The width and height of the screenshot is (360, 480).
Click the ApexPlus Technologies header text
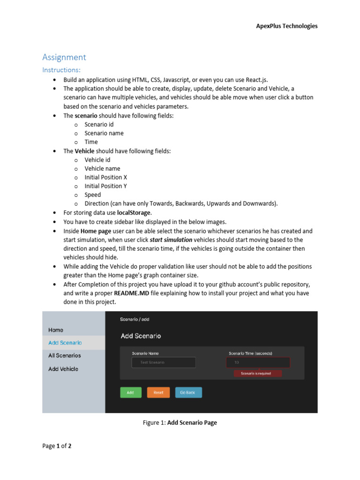coord(286,26)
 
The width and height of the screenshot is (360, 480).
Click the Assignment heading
coord(64,57)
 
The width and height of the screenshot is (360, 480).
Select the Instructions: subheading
coord(61,70)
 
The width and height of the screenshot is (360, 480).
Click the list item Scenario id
coord(99,124)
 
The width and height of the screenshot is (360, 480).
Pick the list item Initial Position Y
coord(105,186)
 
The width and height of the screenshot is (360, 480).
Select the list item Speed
coord(92,195)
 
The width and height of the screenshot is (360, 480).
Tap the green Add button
coord(130,392)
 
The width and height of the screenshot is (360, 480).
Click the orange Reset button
coord(158,392)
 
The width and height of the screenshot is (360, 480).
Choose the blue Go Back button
coord(188,392)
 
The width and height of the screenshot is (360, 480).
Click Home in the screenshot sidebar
coord(56,330)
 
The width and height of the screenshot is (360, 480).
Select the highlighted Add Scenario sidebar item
coord(65,343)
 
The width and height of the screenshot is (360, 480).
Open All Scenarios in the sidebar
coord(64,356)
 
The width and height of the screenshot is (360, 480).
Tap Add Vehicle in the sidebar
coord(63,369)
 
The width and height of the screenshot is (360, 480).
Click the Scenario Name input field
coord(164,362)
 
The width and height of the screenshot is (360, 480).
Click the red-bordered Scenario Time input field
coord(258,362)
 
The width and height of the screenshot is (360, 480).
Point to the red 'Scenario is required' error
coord(258,374)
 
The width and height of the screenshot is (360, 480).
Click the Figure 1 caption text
coord(180,423)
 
